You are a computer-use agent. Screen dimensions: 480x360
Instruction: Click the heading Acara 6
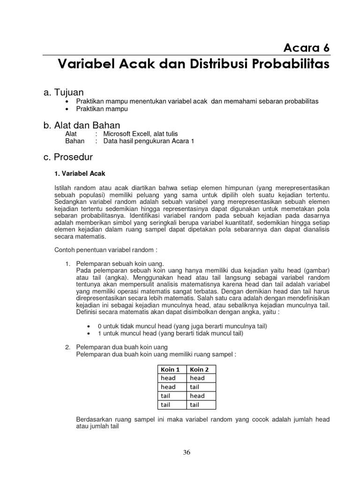pos(306,47)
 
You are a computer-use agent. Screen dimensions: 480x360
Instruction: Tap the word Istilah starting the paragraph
pos(64,188)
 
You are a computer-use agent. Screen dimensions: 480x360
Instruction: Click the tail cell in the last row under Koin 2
pos(195,405)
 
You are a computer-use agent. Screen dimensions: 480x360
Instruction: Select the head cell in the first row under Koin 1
pos(168,378)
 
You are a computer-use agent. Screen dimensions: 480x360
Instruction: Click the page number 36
pos(187,452)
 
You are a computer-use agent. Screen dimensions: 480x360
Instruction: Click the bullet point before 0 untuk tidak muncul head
pos(89,326)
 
